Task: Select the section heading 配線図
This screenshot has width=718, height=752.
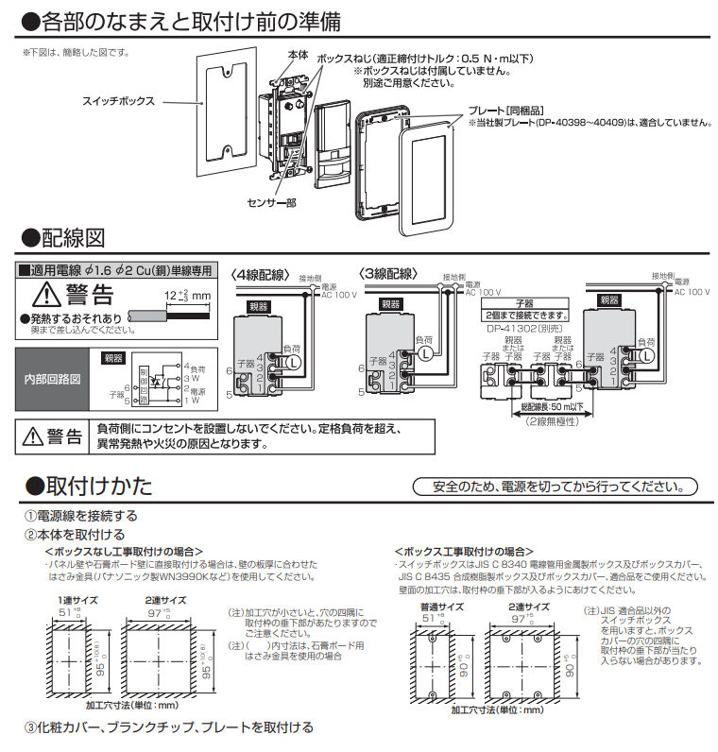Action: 71,237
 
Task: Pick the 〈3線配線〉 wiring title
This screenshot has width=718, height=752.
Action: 388,274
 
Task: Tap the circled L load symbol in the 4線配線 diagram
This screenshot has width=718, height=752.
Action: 294,361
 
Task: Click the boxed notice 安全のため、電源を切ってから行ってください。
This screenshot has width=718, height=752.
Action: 556,487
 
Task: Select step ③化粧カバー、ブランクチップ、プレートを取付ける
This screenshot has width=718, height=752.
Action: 169,727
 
